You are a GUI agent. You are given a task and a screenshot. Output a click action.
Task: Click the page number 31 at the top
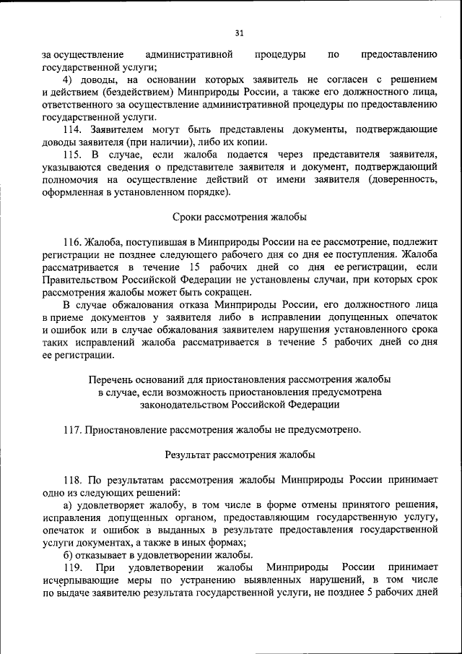click(x=240, y=32)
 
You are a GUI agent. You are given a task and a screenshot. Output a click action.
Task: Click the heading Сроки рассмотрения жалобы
click(x=240, y=217)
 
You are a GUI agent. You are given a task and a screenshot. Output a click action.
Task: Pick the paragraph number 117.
click(x=73, y=430)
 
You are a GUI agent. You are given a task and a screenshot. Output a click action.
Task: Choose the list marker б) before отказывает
click(x=69, y=556)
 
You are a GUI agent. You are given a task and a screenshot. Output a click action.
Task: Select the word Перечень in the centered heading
click(x=112, y=379)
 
